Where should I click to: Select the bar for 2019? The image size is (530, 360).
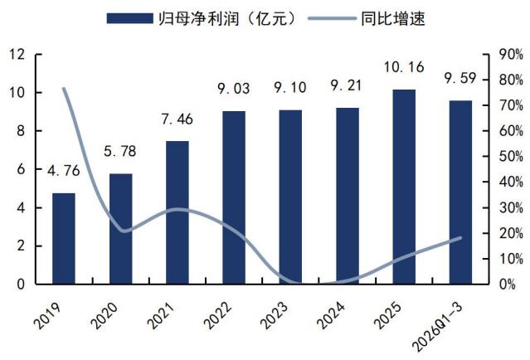click(64, 238)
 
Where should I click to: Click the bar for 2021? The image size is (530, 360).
click(177, 212)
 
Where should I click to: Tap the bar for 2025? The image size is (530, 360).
click(404, 187)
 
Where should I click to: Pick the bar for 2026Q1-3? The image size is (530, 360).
click(460, 192)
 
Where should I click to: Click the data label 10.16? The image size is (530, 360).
click(404, 67)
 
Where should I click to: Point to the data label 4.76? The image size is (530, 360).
click(64, 171)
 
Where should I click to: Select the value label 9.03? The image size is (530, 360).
click(234, 89)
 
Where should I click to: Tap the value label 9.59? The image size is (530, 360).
click(460, 79)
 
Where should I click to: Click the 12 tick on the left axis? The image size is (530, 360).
click(17, 54)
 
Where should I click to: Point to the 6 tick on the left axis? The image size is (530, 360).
click(21, 169)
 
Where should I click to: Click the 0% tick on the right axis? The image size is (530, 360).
click(508, 285)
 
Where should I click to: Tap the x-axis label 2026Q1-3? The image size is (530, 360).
click(438, 327)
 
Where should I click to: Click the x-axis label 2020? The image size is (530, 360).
click(105, 315)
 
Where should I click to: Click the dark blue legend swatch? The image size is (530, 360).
click(129, 18)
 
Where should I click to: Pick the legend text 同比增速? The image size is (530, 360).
click(393, 18)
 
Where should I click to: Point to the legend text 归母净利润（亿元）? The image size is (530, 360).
click(227, 18)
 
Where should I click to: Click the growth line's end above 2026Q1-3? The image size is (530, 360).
click(460, 237)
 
